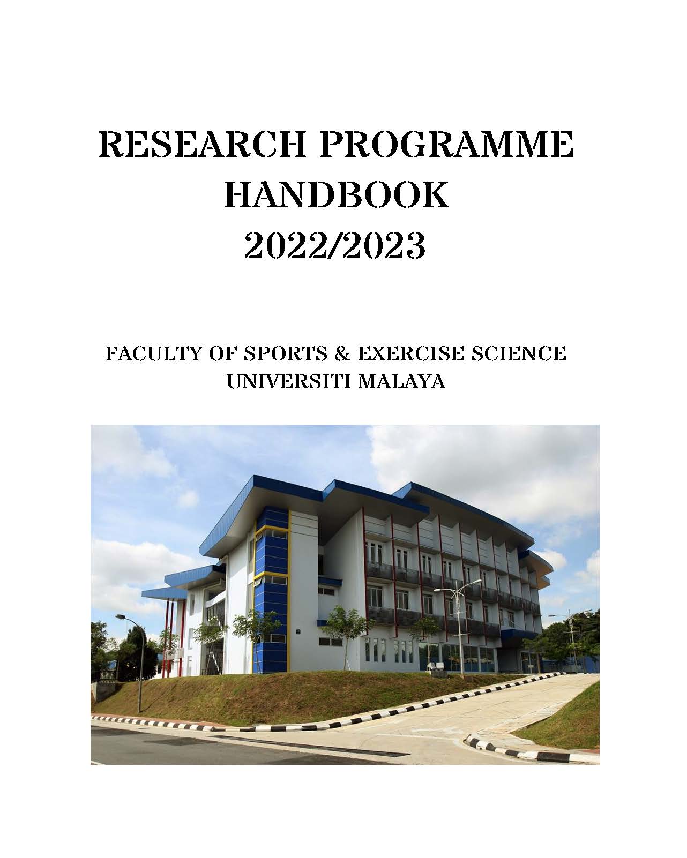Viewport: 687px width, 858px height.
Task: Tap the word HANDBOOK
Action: coord(337,194)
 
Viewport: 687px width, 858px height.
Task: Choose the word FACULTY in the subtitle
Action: coord(152,353)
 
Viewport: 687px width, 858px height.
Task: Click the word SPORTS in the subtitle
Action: coord(285,353)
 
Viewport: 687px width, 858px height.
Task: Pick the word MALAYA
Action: coord(401,381)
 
